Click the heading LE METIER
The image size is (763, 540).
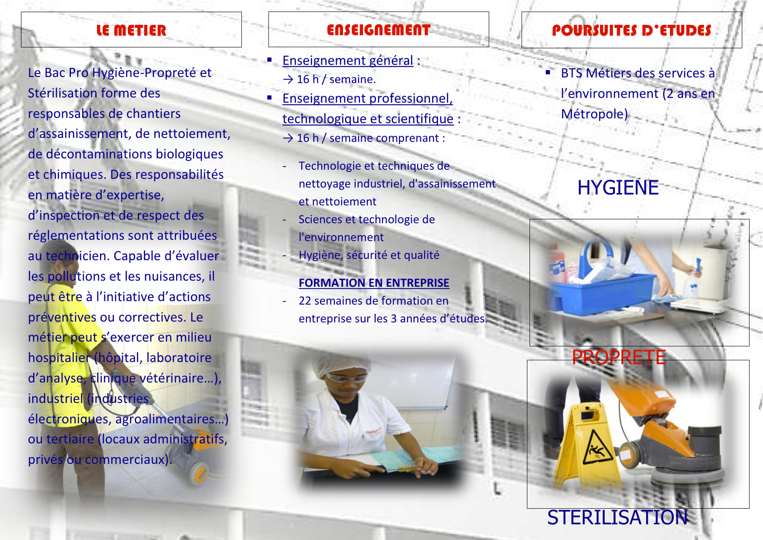131,30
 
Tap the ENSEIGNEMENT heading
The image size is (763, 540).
379,30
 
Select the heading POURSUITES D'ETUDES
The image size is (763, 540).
632,30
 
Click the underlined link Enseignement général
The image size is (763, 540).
348,60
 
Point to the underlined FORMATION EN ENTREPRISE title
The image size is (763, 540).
374,283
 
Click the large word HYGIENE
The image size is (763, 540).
618,188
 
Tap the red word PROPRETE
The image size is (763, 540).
619,357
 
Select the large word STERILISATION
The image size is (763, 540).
617,517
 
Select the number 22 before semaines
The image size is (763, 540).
305,301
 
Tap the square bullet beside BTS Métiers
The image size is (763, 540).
548,72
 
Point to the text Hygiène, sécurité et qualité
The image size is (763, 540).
369,255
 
